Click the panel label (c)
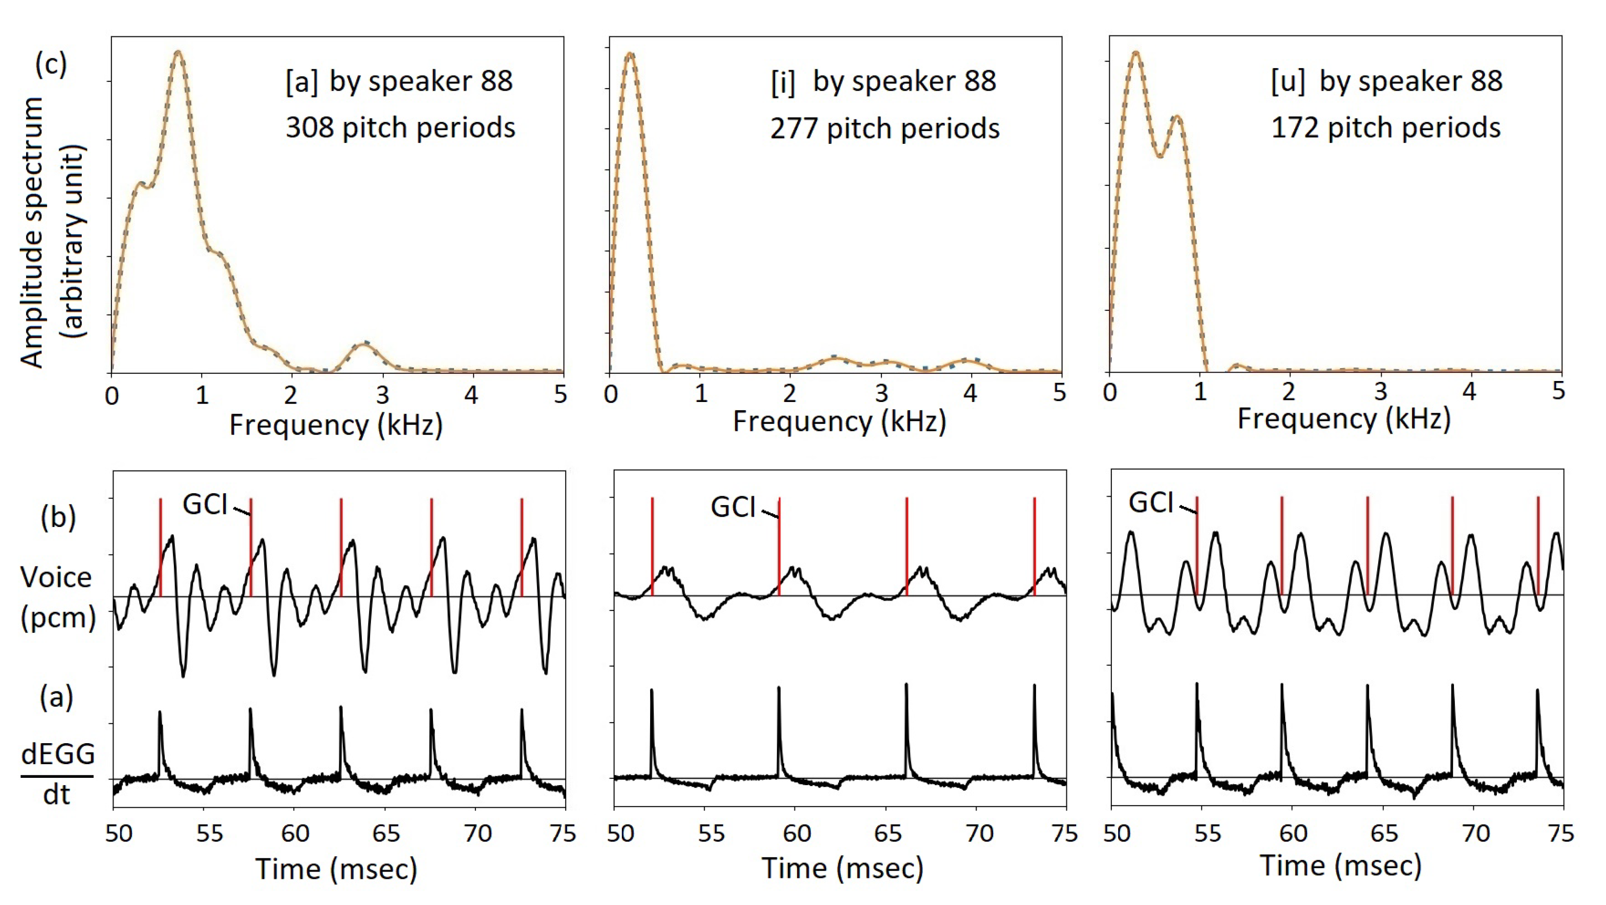click(51, 64)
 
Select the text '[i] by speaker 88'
click(884, 82)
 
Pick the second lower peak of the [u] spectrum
click(1176, 117)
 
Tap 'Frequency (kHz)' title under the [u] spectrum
click(1343, 419)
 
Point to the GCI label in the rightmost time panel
click(1151, 502)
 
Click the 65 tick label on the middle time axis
click(888, 834)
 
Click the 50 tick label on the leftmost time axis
click(119, 834)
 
